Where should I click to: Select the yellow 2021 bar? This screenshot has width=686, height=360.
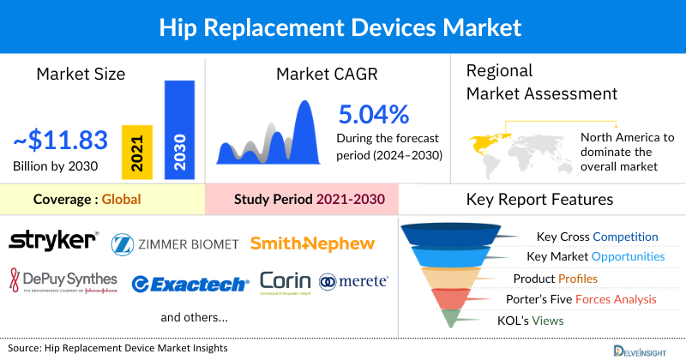coord(137,151)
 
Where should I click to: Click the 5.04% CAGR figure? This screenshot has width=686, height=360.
coord(374,114)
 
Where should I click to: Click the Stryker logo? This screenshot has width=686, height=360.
coord(53,242)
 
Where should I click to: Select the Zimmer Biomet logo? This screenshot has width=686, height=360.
coord(175,244)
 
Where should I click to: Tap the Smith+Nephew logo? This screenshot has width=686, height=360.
coord(312,243)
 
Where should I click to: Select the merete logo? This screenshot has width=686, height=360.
coord(353,281)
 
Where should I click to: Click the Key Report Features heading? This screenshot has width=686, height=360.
coord(539,200)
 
